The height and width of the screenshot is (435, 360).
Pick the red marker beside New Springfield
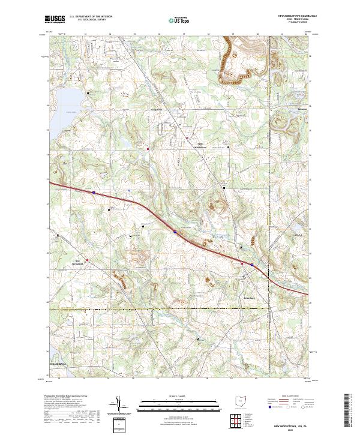(88, 260)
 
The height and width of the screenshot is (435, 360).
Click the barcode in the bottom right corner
(348, 414)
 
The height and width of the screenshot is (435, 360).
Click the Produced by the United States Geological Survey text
(66, 397)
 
